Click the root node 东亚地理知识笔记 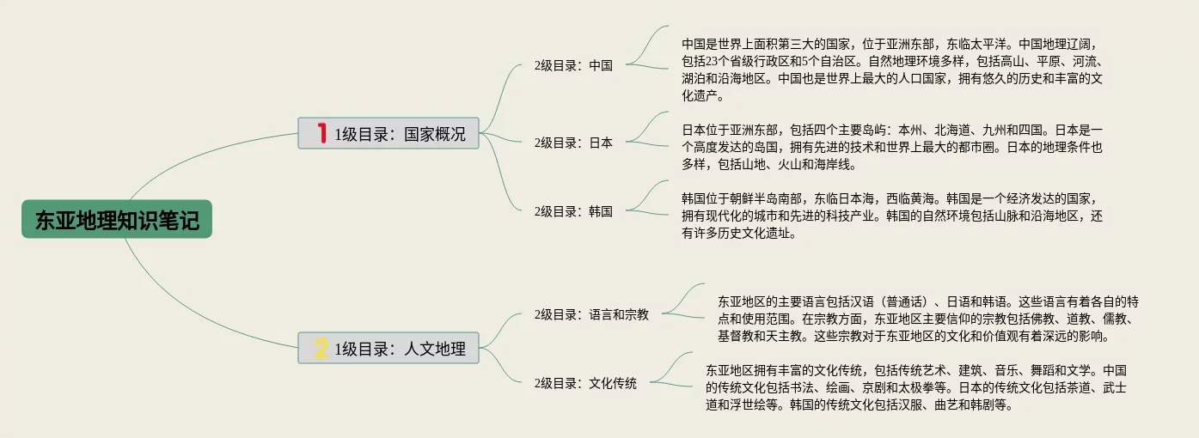click(116, 219)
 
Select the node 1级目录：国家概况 click(388, 133)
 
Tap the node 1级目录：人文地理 click(388, 348)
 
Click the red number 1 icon click(321, 133)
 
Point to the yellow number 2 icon click(321, 348)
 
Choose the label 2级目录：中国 click(573, 65)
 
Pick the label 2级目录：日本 click(573, 143)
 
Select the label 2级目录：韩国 click(573, 211)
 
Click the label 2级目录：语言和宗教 click(591, 314)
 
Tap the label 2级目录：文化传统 click(585, 383)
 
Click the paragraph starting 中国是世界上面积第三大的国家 click(892, 70)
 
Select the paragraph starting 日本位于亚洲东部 click(892, 147)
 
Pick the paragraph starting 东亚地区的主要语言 click(928, 319)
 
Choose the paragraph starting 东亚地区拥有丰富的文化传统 click(916, 387)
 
